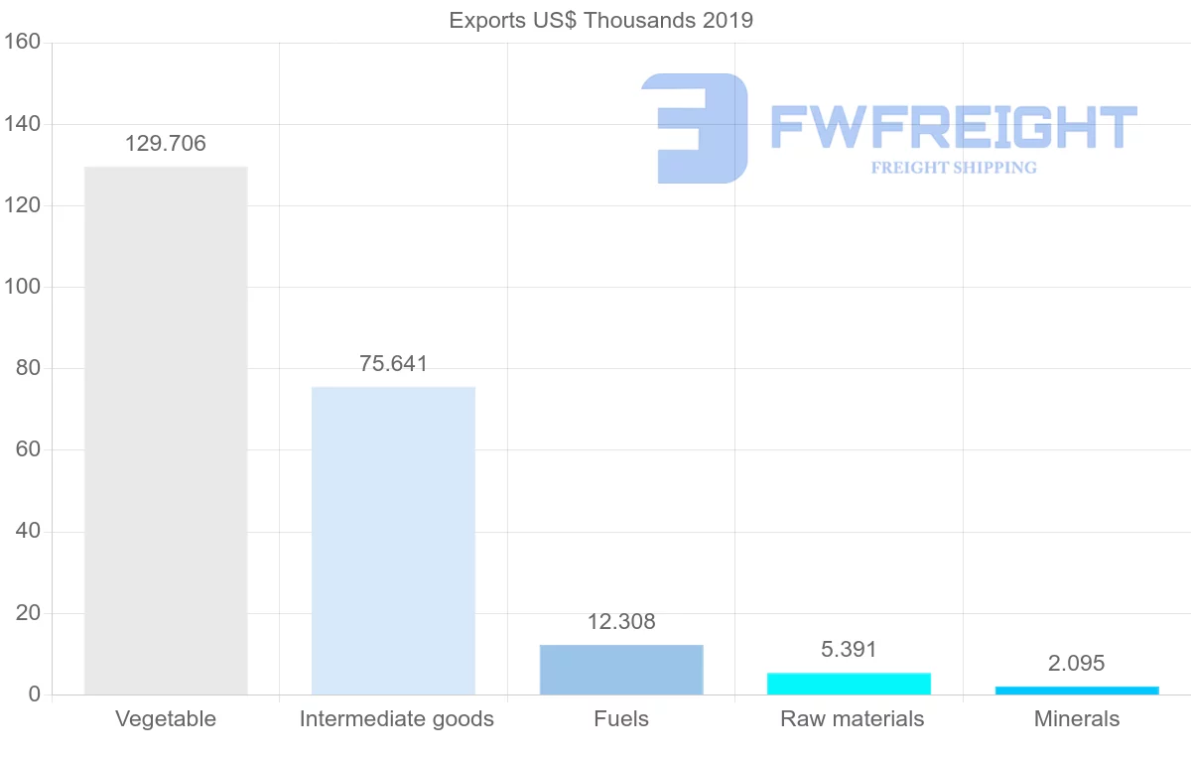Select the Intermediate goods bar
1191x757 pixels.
(x=393, y=540)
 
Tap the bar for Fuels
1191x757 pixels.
(x=621, y=670)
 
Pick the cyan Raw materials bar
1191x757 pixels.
(x=849, y=684)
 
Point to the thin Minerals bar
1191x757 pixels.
(x=1077, y=690)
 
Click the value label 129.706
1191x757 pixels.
(x=166, y=144)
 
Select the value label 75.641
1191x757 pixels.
(x=393, y=364)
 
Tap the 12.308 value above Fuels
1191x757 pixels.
(x=621, y=622)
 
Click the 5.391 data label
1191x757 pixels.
(x=849, y=650)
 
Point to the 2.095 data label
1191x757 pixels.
(x=1077, y=664)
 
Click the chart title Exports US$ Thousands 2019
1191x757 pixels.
(x=601, y=20)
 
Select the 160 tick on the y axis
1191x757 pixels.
(x=22, y=43)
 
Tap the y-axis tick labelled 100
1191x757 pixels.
(x=22, y=287)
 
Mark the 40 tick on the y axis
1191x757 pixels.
(x=28, y=532)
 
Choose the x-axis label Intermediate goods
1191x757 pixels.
(x=396, y=719)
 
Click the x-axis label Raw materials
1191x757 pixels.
(x=852, y=719)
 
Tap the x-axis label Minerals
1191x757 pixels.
(x=1077, y=719)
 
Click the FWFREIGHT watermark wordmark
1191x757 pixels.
(x=953, y=127)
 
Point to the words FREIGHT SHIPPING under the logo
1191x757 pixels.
(x=954, y=168)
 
